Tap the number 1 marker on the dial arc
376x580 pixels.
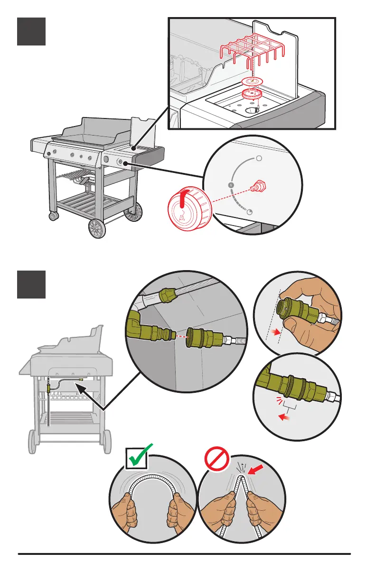230,184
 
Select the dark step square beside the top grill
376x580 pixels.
31,31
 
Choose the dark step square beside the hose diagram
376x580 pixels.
31,284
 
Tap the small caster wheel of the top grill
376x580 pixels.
54,217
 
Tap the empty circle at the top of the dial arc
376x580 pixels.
259,159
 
